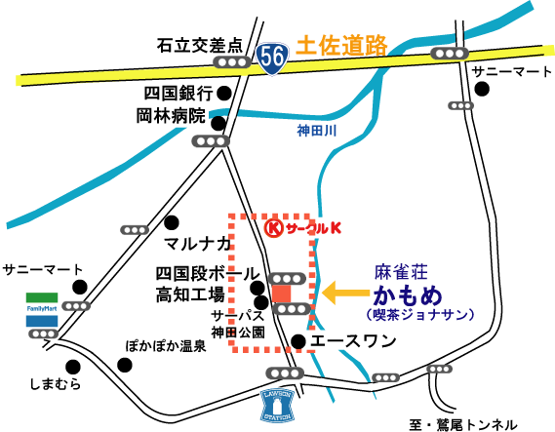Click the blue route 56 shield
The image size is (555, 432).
click(272, 59)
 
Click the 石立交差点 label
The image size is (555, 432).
click(200, 46)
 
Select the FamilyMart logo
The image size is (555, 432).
click(42, 309)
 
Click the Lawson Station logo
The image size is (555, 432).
click(277, 406)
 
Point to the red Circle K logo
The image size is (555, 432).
click(303, 229)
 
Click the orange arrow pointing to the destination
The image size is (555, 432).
click(345, 293)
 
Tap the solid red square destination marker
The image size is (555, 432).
click(281, 295)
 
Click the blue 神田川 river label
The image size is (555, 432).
click(316, 131)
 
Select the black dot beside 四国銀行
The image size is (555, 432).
click(224, 94)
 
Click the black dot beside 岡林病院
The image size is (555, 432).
click(218, 123)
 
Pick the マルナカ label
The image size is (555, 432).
click(197, 244)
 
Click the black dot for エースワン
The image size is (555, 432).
click(298, 341)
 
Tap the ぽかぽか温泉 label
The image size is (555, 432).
click(166, 345)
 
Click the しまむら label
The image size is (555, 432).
click(56, 384)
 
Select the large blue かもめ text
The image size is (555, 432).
click(408, 295)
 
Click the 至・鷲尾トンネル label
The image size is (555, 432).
click(463, 424)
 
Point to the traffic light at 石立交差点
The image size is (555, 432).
click(232, 62)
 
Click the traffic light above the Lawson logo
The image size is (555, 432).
click(285, 373)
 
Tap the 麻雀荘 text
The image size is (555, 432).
click(401, 272)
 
